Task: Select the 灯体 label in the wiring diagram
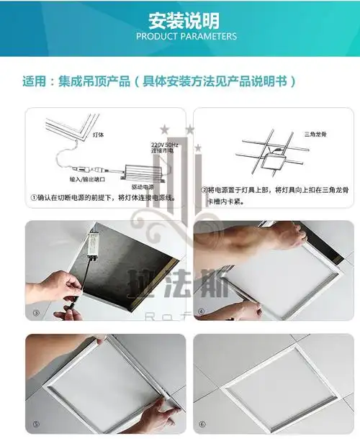79,134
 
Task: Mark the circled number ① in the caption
34,196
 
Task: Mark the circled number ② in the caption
204,191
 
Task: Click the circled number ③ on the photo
36,313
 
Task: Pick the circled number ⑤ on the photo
36,425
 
